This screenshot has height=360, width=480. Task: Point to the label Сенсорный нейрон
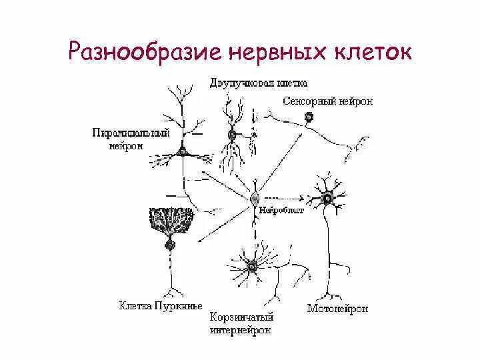coord(327,101)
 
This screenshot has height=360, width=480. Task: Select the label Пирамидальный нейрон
coord(131,139)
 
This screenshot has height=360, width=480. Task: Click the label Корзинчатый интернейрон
coord(242,323)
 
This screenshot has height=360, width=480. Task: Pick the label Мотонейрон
coord(337,309)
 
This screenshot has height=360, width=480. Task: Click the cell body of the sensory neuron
coord(309,117)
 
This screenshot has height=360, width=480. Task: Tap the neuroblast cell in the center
coord(254,197)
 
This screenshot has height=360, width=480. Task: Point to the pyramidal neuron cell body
coord(181,152)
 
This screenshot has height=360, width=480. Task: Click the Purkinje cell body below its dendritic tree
coord(170,245)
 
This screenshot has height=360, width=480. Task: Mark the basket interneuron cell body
coord(252,267)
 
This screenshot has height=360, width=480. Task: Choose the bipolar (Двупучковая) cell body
coord(232,135)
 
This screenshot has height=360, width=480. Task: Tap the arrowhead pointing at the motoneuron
coord(302,197)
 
